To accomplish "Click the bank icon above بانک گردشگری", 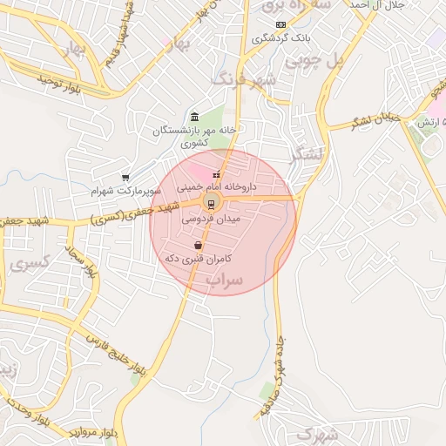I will click(x=280, y=25).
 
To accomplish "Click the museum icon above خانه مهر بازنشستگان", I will click(x=193, y=118).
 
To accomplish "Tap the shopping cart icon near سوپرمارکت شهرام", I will click(x=125, y=178).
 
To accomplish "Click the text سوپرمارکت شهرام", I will click(x=127, y=189).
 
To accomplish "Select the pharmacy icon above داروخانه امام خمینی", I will click(x=217, y=175).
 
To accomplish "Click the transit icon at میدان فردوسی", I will click(x=210, y=205).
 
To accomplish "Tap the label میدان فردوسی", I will click(x=211, y=220).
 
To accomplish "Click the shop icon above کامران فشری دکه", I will click(x=199, y=246).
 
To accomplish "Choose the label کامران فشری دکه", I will click(x=199, y=258).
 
